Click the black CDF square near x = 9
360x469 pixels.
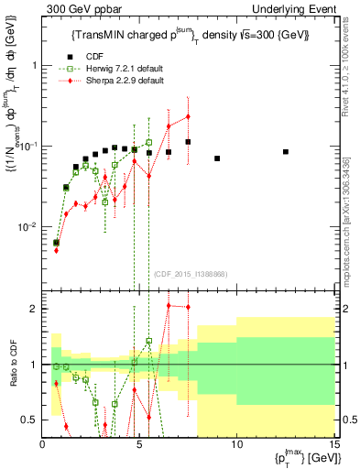[x=217, y=158]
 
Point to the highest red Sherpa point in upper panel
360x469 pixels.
[x=188, y=116]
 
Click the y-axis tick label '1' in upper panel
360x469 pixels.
[x=34, y=66]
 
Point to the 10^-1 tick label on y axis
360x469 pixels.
[x=29, y=146]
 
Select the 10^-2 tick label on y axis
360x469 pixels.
[x=29, y=226]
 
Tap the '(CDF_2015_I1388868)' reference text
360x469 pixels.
[x=190, y=272]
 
